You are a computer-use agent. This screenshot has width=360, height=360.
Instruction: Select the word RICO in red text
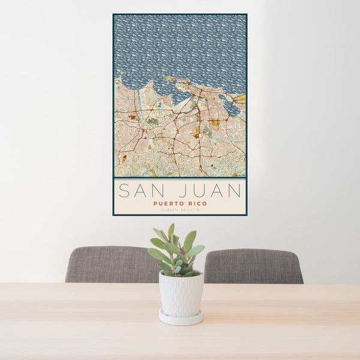pyautogui.click(x=197, y=203)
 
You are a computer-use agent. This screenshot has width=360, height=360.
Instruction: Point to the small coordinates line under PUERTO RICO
pyautogui.click(x=180, y=209)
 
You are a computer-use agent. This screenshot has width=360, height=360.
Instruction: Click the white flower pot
pyautogui.click(x=181, y=293)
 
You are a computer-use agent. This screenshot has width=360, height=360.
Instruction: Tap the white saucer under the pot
pyautogui.click(x=181, y=317)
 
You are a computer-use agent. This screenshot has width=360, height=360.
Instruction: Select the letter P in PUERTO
pyautogui.click(x=155, y=203)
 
